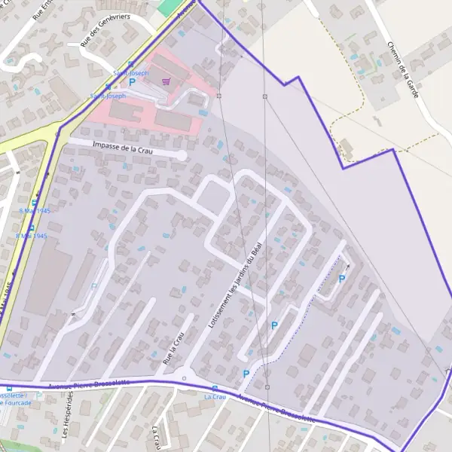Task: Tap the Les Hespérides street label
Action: click(x=66, y=417)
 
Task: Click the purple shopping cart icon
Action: click(x=166, y=81)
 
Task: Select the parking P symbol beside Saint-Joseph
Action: click(x=133, y=81)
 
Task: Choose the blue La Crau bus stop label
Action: click(x=215, y=396)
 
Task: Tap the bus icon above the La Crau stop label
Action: click(x=215, y=388)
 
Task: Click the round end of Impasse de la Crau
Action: click(x=181, y=155)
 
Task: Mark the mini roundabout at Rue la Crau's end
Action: click(x=183, y=377)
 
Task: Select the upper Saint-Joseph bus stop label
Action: click(x=130, y=73)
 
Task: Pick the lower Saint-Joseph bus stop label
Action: click(x=108, y=96)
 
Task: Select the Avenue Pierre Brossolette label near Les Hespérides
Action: click(x=89, y=384)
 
